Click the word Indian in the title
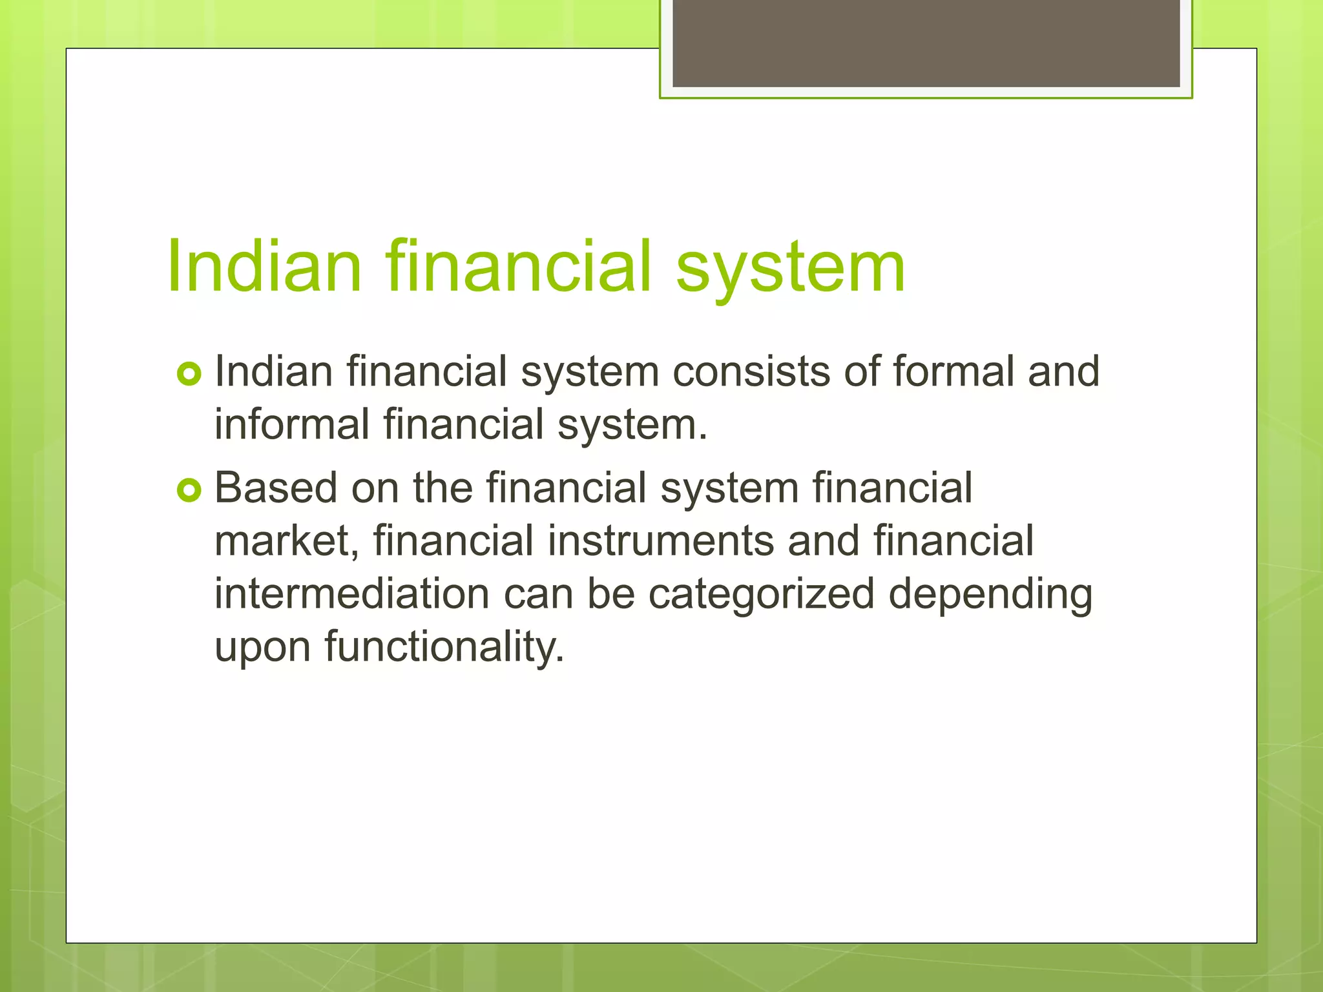264,267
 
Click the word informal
291,425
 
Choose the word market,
287,541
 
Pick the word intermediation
352,594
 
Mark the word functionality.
444,647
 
